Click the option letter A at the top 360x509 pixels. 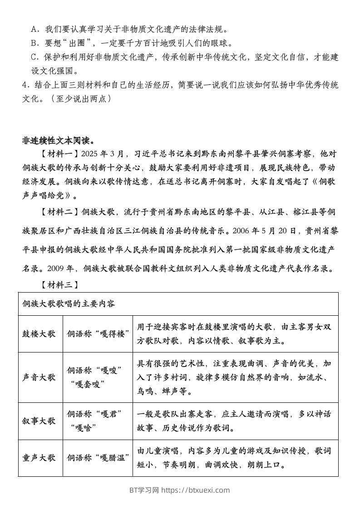tap(34, 29)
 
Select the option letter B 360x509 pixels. tap(34, 44)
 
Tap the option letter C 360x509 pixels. tap(34, 58)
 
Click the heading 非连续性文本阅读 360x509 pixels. tap(58, 140)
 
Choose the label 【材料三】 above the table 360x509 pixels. tap(59, 284)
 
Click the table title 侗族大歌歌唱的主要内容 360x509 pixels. tap(69, 303)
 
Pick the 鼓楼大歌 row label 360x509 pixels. tap(39, 333)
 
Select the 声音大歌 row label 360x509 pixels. tap(39, 377)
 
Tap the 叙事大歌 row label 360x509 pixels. tap(39, 421)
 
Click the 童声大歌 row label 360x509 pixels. tap(39, 457)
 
